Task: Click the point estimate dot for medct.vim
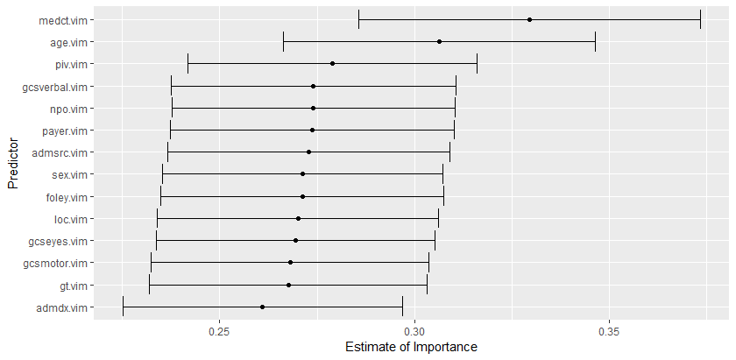[x=530, y=19]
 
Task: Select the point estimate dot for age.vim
[x=439, y=41]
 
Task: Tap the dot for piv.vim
[x=332, y=64]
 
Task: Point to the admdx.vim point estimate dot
[x=262, y=307]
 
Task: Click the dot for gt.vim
[x=288, y=285]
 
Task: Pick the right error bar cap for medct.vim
[x=700, y=19]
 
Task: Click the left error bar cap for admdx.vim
[x=124, y=307]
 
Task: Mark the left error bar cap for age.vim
[x=284, y=41]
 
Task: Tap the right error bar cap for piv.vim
[x=477, y=64]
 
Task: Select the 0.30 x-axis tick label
[x=414, y=332]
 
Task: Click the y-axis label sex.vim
[x=70, y=175]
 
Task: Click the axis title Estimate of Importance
[x=411, y=348]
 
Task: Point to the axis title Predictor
[x=12, y=163]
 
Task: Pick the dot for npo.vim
[x=313, y=109]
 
